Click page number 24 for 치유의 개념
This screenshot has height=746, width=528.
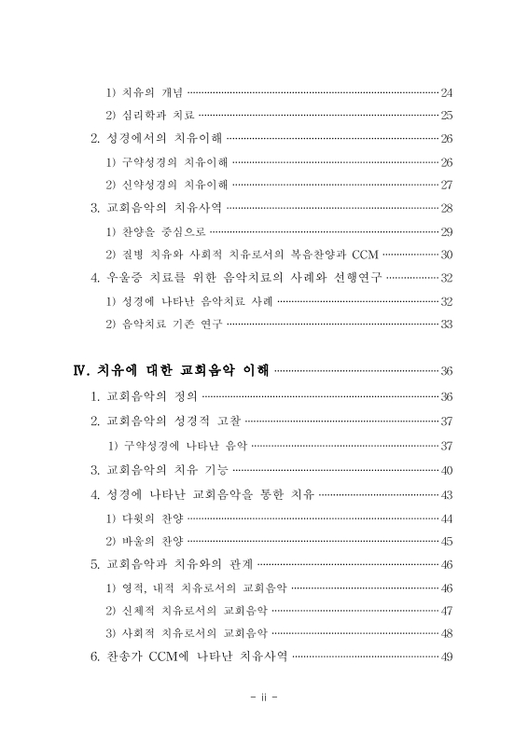pos(446,92)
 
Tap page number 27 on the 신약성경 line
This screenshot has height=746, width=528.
pos(446,185)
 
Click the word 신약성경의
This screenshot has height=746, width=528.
pos(145,185)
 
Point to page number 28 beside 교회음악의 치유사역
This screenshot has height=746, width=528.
pos(446,208)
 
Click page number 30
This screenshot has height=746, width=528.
pos(446,255)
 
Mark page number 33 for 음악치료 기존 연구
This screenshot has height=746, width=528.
pos(446,324)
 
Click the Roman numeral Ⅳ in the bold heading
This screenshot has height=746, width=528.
pos(80,371)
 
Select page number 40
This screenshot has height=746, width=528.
pos(446,470)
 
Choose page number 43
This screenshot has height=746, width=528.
pos(446,493)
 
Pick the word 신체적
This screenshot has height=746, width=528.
pos(138,611)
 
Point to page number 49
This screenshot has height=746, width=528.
pos(446,657)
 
